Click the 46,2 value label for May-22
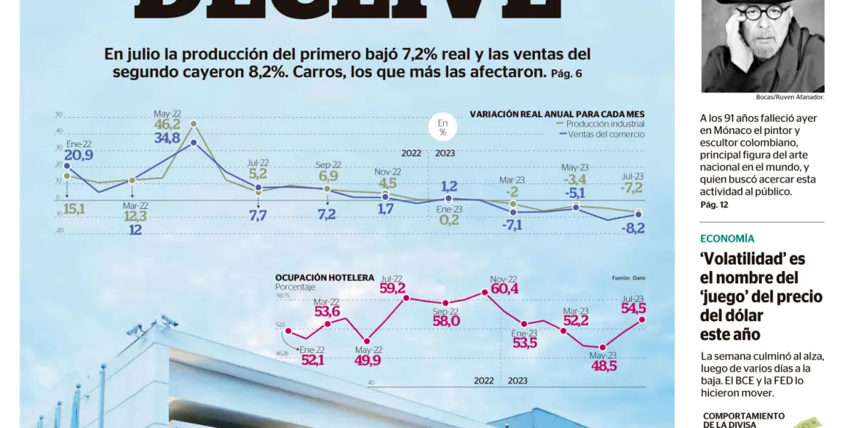click(x=168, y=124)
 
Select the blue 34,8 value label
click(x=168, y=138)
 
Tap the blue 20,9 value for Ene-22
click(x=78, y=156)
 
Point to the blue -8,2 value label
click(x=633, y=229)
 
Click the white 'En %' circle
click(x=442, y=127)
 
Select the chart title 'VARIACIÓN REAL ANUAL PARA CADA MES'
click(x=556, y=114)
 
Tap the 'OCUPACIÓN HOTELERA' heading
click(x=325, y=277)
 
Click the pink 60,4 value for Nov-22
click(x=504, y=289)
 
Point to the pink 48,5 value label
click(x=603, y=366)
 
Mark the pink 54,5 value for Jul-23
click(x=633, y=308)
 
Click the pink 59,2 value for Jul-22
click(x=392, y=288)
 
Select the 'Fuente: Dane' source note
click(x=628, y=277)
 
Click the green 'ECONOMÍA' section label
click(x=727, y=239)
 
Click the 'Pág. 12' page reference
click(x=714, y=205)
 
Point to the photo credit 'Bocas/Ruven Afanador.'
click(x=790, y=97)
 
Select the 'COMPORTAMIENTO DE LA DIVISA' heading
click(x=743, y=420)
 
